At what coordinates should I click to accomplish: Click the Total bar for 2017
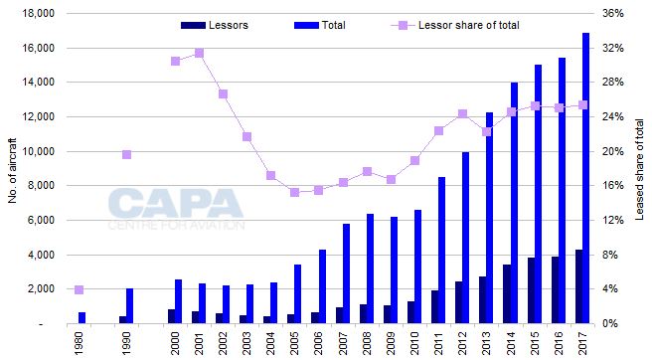pyautogui.click(x=585, y=178)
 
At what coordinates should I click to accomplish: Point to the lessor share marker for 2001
pyautogui.click(x=199, y=53)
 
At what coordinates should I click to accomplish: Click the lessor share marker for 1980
pyautogui.click(x=80, y=289)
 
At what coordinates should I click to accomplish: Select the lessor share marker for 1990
pyautogui.click(x=126, y=154)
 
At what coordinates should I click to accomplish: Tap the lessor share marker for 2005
pyautogui.click(x=295, y=192)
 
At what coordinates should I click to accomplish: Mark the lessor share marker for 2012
pyautogui.click(x=462, y=113)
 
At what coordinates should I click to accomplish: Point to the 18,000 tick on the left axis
pyautogui.click(x=41, y=14)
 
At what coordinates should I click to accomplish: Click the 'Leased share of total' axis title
pyautogui.click(x=641, y=170)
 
